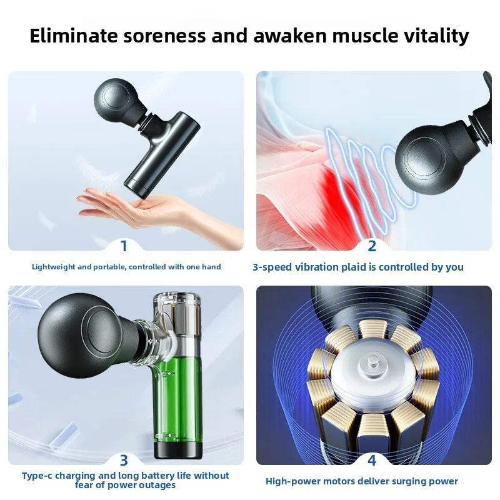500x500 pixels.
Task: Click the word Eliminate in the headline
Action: tap(74, 36)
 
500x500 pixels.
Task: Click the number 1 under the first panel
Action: tap(124, 246)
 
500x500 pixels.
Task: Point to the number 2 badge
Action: tap(372, 246)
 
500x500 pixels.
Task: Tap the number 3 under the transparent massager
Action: tap(124, 461)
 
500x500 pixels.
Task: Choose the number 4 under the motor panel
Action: tap(372, 461)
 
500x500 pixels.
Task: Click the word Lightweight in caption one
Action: tap(54, 267)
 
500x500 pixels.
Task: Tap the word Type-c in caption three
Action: tap(37, 476)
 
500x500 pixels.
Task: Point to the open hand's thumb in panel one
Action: tap(87, 192)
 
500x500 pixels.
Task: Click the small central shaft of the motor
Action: tap(372, 362)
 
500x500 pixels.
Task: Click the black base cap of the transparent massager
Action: tap(178, 450)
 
